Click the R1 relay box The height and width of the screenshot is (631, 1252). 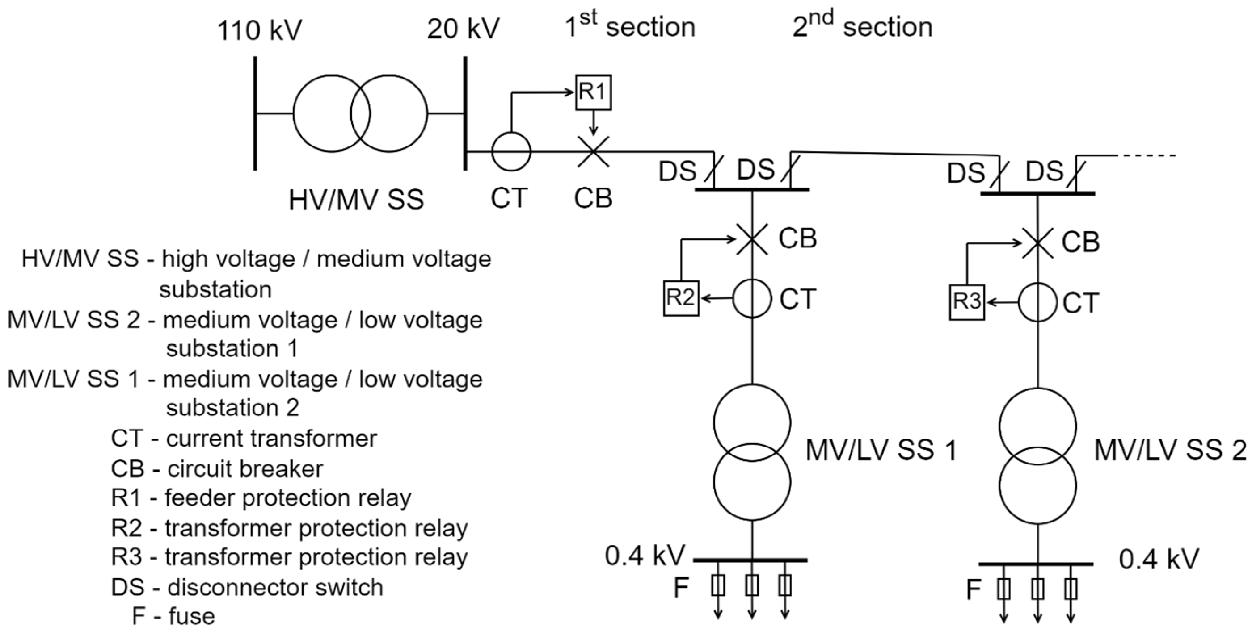(593, 92)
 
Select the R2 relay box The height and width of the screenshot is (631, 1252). (681, 298)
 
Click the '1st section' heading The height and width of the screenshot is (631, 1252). (630, 25)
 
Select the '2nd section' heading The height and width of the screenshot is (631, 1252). (862, 25)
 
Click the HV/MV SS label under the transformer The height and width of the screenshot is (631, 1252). (356, 200)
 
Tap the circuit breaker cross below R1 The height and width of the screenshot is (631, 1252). (593, 151)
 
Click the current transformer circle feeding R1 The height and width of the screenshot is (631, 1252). (511, 151)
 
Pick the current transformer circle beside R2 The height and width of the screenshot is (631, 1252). (752, 298)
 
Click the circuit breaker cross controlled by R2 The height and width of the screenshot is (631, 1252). (752, 238)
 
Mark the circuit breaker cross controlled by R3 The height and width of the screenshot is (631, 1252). (1037, 242)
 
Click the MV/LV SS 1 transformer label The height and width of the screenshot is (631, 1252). (881, 450)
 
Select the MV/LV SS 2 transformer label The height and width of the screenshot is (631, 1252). (1170, 450)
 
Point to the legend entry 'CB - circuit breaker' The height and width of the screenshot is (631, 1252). (217, 469)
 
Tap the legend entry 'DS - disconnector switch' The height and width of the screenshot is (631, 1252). (247, 587)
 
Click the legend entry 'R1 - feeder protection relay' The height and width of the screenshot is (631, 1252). (261, 498)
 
